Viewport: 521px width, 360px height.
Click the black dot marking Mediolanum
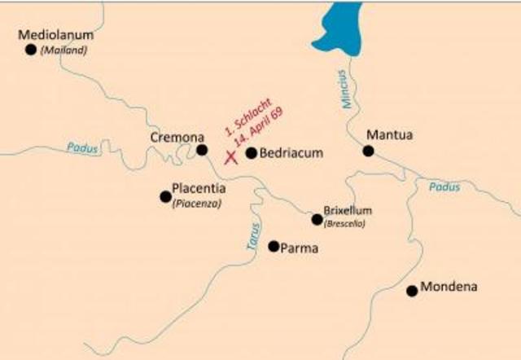(31, 50)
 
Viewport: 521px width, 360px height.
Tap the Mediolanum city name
(56, 35)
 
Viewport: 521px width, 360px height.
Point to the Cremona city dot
(202, 150)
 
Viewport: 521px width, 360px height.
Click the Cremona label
(177, 137)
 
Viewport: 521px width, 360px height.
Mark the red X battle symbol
(230, 156)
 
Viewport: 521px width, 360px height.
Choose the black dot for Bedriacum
(251, 152)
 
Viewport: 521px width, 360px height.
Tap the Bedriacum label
(291, 152)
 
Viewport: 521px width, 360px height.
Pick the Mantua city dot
(368, 151)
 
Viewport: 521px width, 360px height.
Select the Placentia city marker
(165, 196)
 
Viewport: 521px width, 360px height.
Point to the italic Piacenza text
(196, 204)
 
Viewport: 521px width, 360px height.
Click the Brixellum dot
(317, 219)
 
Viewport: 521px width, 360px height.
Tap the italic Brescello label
(344, 223)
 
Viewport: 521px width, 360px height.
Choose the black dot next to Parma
(273, 246)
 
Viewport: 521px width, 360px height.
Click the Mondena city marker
(412, 291)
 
